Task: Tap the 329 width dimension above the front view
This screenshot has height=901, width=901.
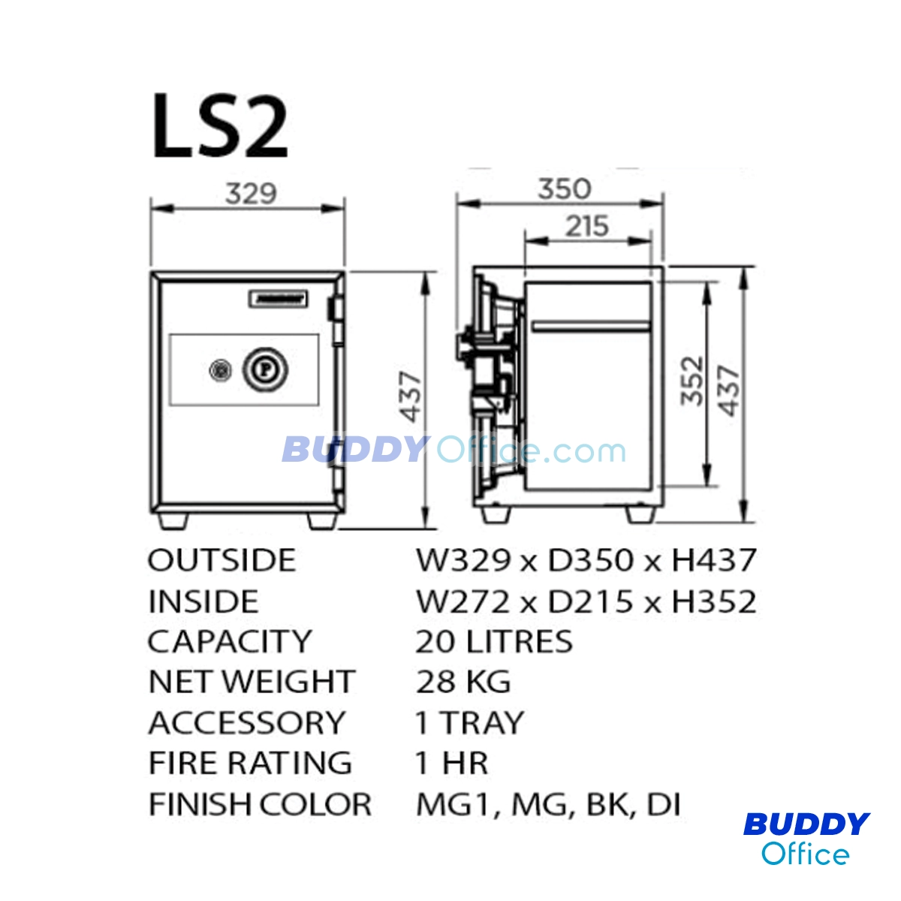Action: [x=251, y=193]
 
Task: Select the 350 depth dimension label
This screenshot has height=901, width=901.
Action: [x=565, y=189]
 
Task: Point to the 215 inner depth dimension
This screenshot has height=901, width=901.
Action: [x=587, y=226]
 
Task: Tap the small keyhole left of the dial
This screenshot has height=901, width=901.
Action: [x=221, y=371]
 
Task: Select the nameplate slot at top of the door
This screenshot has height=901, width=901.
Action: [x=277, y=299]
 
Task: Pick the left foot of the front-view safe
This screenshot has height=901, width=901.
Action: [x=173, y=521]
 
